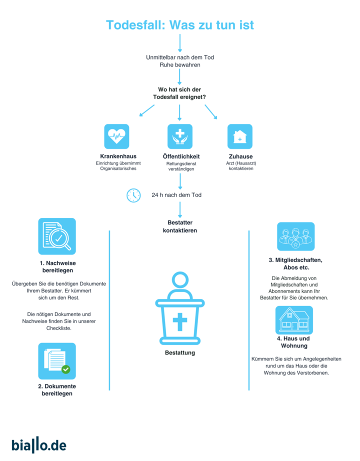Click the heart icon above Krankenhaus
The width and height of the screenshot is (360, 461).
click(x=117, y=136)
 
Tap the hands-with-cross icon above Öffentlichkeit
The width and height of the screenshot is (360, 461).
click(x=180, y=136)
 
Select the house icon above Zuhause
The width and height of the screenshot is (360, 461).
click(x=240, y=136)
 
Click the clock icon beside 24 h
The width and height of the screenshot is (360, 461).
click(x=133, y=195)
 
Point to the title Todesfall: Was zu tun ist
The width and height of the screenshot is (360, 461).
click(x=180, y=25)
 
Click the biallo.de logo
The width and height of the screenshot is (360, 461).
click(x=39, y=445)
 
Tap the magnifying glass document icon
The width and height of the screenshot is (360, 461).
click(x=57, y=236)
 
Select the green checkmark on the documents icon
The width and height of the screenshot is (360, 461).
click(x=66, y=369)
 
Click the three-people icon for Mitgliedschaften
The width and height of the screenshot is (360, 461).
click(x=296, y=236)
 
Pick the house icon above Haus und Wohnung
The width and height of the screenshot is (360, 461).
click(x=294, y=320)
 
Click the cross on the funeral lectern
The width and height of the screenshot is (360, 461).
click(x=180, y=322)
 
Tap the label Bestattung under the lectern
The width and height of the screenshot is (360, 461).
click(x=180, y=352)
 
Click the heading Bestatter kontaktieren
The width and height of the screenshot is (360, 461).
click(x=180, y=226)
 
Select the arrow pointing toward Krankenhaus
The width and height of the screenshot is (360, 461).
click(x=147, y=110)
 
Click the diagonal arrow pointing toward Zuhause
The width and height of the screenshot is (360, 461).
click(x=211, y=111)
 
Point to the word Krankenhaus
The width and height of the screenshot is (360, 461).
click(x=118, y=156)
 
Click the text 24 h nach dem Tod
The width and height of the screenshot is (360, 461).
click(x=176, y=195)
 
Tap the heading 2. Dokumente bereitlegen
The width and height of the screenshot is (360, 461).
click(x=57, y=390)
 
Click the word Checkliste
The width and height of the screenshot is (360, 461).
click(x=59, y=328)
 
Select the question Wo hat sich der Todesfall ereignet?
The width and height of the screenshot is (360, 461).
click(x=179, y=93)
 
